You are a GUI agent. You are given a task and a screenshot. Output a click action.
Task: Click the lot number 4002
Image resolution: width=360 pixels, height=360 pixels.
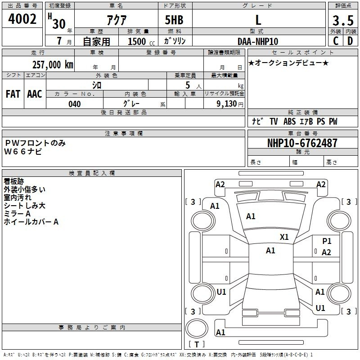(x=22, y=19)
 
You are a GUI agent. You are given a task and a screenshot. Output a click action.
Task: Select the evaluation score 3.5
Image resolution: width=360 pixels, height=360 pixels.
(x=343, y=21)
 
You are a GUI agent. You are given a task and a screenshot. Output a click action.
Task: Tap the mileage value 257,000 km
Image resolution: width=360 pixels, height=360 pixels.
(x=53, y=65)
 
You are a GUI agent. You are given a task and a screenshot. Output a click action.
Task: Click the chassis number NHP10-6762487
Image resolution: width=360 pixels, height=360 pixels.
(x=302, y=143)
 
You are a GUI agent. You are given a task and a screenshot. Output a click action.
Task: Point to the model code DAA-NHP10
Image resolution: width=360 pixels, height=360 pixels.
(x=258, y=41)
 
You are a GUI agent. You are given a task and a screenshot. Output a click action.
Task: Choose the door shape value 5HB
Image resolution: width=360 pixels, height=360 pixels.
(x=174, y=20)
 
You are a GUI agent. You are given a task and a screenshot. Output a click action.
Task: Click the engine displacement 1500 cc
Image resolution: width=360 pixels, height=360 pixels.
(x=141, y=41)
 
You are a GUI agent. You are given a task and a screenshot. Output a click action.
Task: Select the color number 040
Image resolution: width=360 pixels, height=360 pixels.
(x=75, y=104)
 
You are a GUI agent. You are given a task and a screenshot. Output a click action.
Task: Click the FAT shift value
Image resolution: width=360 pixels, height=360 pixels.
(x=13, y=94)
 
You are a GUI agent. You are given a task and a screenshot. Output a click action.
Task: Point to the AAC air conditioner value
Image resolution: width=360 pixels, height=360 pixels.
(x=35, y=94)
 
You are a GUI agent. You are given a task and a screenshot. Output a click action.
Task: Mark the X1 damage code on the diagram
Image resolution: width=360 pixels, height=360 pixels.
(x=284, y=237)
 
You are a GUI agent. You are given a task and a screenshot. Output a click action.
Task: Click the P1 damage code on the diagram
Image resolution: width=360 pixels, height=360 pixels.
(x=327, y=241)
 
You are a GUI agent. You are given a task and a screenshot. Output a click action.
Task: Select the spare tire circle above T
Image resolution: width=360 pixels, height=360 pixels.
(x=197, y=328)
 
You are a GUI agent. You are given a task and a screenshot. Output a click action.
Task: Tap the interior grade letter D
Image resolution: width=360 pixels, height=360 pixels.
(x=350, y=41)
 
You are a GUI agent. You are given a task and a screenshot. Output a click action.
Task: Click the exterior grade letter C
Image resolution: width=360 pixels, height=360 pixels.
(x=336, y=41)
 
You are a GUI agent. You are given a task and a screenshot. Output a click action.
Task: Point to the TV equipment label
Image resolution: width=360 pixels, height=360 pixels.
(x=274, y=121)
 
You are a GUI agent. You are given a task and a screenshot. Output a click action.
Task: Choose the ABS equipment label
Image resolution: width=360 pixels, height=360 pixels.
(x=289, y=121)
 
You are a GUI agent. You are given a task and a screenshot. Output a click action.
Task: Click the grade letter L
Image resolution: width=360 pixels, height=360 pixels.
(x=258, y=20)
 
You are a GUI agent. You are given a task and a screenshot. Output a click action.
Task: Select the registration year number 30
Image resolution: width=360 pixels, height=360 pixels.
(x=59, y=24)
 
